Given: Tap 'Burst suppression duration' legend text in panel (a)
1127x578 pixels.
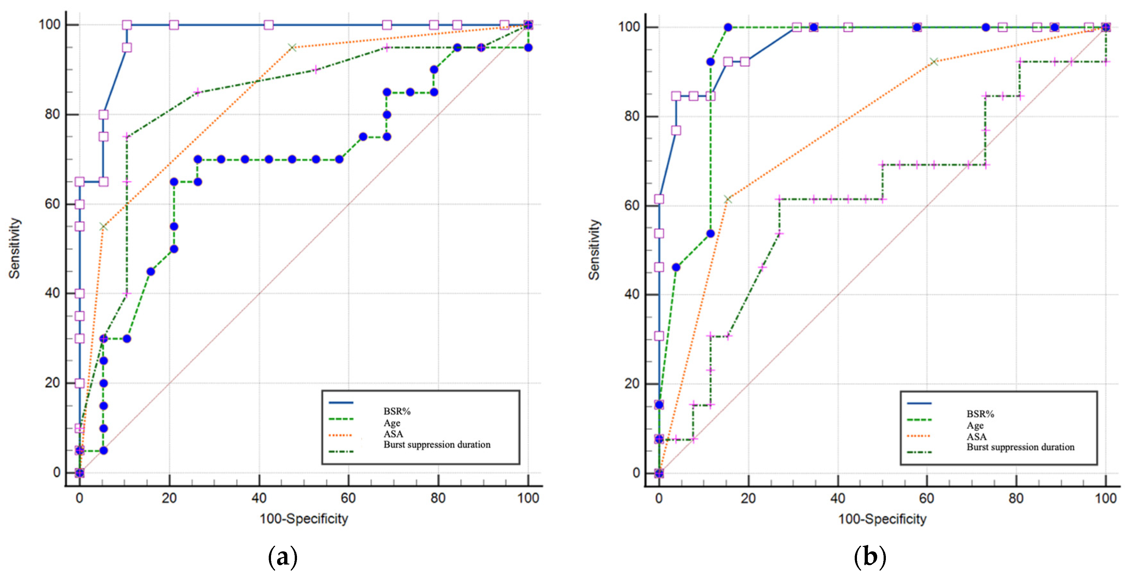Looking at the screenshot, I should point(437,445).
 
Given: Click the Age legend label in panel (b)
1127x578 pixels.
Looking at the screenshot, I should point(975,425).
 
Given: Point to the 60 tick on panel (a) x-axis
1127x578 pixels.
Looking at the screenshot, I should point(348,498).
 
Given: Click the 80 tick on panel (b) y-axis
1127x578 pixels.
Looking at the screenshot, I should point(632,116).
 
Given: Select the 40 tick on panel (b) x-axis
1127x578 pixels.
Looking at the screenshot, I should point(837,498).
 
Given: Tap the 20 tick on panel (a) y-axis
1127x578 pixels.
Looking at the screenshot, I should point(53,383).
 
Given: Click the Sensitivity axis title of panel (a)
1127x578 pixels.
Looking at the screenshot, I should point(14,248).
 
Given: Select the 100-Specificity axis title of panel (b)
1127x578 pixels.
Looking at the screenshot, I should point(882,519).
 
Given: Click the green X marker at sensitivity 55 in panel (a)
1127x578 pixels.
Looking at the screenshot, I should point(103,226).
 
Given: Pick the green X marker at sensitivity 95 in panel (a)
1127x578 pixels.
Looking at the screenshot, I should point(292,47).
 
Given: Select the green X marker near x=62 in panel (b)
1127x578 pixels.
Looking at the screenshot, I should point(934,62).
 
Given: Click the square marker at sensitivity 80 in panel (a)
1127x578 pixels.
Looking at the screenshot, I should point(103,115).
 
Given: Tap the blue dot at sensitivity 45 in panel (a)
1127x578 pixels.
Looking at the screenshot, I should point(151,271).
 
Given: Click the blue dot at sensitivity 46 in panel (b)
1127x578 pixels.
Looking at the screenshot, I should point(676,267).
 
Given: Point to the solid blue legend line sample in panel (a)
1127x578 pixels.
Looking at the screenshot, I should point(341,403).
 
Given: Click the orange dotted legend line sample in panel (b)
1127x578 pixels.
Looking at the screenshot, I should point(919,436).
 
